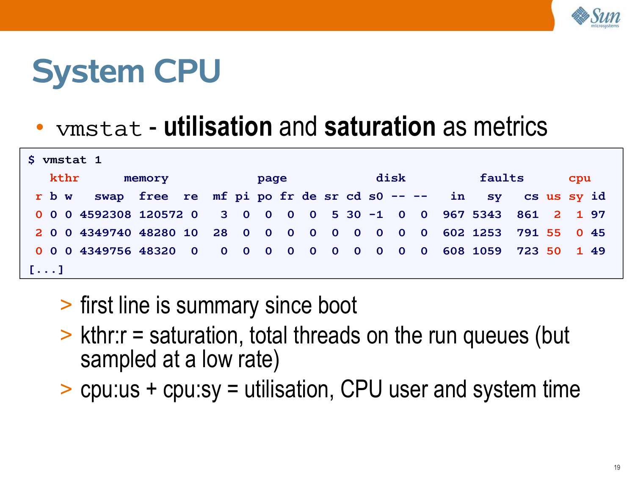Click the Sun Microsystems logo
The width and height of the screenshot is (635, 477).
tap(596, 17)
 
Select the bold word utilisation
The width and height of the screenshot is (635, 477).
tap(218, 127)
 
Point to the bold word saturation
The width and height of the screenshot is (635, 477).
tap(380, 127)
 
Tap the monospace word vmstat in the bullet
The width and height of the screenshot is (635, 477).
tap(99, 128)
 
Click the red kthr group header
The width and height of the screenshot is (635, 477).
tap(64, 178)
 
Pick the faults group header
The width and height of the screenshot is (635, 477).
tap(502, 178)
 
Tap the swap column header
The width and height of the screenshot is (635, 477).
tap(109, 197)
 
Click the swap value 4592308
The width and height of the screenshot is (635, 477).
tap(105, 215)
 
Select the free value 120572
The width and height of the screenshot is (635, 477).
tap(161, 215)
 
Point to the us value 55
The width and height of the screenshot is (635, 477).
tap(553, 233)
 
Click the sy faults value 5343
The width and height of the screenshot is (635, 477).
tap(487, 215)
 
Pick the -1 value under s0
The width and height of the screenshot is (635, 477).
tap(376, 215)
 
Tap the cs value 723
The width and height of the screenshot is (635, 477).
tap(527, 251)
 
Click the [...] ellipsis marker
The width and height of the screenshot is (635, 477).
tap(46, 270)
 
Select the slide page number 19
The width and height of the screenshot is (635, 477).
tap(617, 467)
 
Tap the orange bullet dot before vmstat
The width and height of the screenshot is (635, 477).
tap(40, 127)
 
